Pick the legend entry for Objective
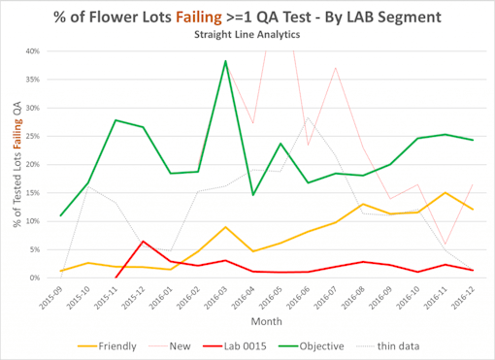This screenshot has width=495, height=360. click(346, 344)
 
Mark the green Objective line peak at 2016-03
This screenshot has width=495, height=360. click(226, 61)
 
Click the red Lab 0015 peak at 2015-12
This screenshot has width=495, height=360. click(144, 241)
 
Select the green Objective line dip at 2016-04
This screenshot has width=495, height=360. click(253, 195)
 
